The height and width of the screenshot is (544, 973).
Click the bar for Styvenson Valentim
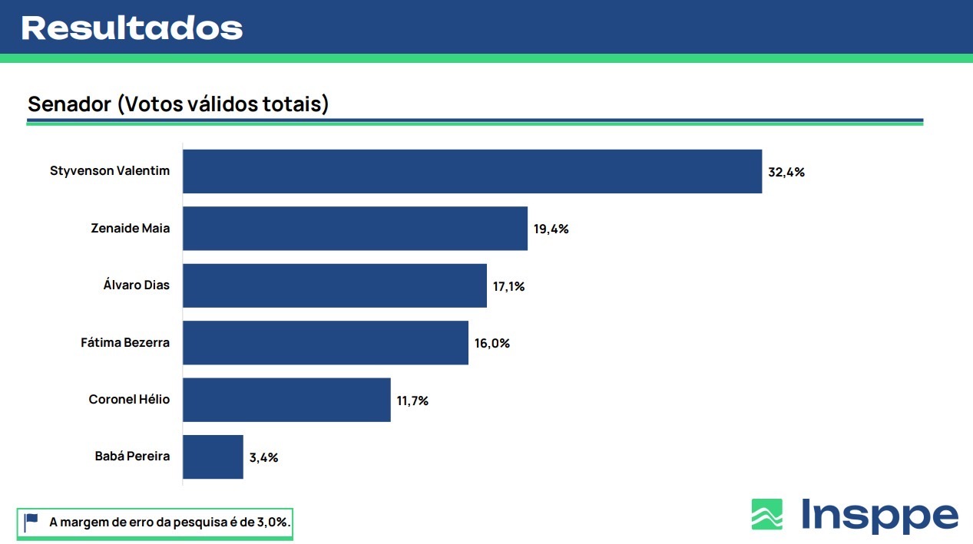point(472,171)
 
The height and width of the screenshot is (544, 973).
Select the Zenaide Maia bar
point(355,228)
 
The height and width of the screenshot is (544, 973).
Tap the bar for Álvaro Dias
point(334,285)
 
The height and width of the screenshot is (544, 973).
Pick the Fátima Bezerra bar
point(325,342)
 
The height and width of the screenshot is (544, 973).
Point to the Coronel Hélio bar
point(286,400)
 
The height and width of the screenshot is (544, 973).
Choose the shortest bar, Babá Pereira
point(213,457)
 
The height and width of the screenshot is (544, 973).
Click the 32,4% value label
point(786,172)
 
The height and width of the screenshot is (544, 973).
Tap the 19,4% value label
point(551,229)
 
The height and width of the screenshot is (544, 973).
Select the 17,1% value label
point(508,286)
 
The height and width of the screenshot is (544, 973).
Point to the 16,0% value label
point(492,343)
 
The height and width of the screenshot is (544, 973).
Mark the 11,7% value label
point(412,401)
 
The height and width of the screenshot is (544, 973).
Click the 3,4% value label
point(263,457)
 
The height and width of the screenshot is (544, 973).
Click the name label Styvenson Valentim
point(110,170)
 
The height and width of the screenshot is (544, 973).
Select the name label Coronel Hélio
point(129,399)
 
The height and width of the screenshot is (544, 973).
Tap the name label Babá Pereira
point(132,456)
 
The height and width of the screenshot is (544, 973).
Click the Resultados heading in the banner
point(131,28)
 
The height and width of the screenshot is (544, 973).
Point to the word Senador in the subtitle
point(70,104)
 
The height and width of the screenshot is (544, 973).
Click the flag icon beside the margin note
point(31,522)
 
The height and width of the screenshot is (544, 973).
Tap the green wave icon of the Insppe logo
point(766,514)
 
